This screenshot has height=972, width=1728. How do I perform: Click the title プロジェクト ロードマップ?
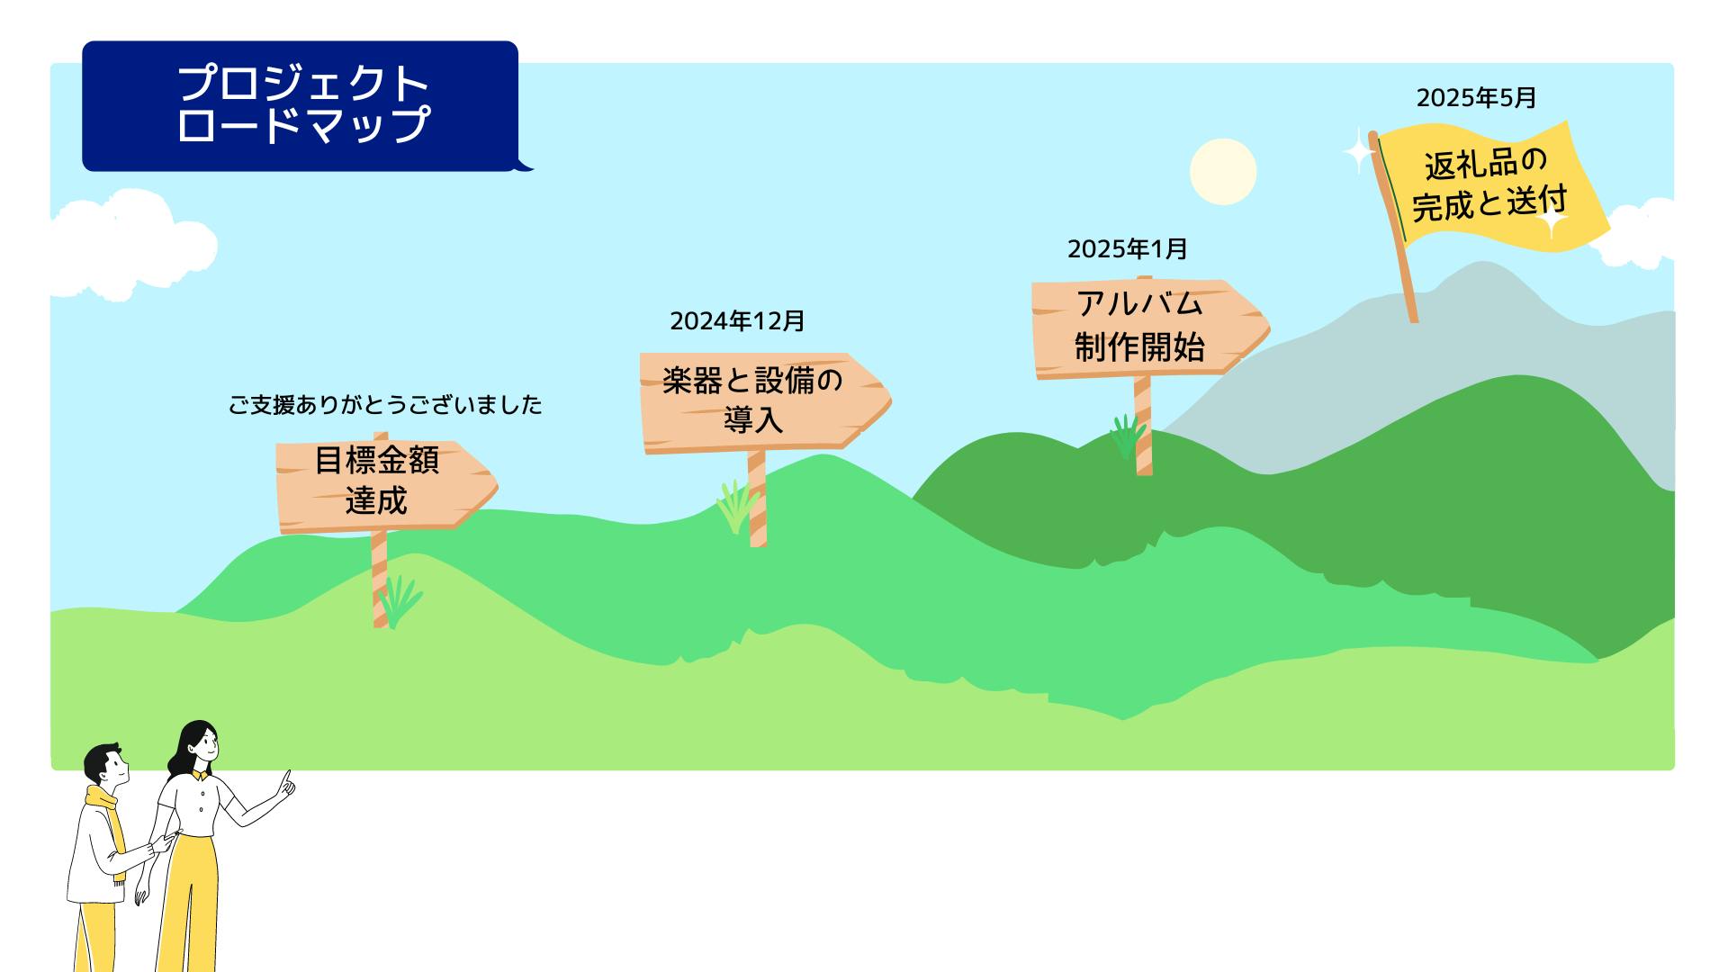pos(304,103)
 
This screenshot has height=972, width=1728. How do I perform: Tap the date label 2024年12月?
pos(737,320)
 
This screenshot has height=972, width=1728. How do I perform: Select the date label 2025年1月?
pos(1128,248)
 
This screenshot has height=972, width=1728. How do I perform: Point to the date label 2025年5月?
pos(1477,97)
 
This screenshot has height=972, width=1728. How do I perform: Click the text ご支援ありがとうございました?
pos(385,405)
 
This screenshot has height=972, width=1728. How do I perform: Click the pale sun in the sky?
pos(1223,172)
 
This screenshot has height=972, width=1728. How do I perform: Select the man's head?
pos(106,765)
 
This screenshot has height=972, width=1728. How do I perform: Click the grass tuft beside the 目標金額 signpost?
pos(400,601)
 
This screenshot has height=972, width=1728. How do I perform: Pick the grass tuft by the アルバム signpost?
pos(1127,436)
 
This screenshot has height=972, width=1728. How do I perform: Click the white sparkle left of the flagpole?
pos(1358,151)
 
